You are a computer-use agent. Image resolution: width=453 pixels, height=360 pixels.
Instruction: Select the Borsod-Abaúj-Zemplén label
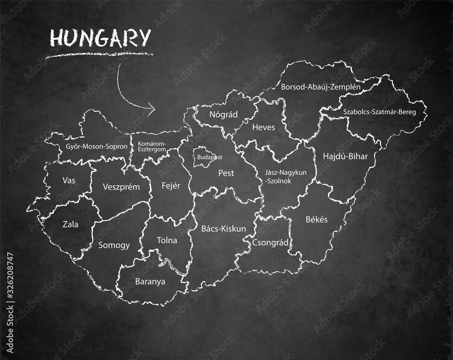(320, 86)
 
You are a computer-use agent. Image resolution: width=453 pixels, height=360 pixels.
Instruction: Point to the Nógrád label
(223, 114)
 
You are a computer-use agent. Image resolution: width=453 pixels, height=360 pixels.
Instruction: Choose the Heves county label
(264, 127)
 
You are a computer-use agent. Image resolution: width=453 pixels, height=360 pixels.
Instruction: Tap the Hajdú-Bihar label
(345, 156)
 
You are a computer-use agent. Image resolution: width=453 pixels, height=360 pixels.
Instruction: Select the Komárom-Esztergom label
(152, 146)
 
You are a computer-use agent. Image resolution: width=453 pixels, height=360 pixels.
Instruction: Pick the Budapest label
(210, 157)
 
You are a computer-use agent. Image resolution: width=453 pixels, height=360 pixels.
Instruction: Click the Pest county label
(226, 173)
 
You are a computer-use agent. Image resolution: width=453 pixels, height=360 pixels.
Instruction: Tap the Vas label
(69, 180)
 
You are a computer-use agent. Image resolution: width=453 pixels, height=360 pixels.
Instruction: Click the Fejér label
(171, 185)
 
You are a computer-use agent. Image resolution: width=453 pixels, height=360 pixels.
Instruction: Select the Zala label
(70, 224)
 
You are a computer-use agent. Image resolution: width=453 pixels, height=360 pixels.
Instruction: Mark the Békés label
(317, 219)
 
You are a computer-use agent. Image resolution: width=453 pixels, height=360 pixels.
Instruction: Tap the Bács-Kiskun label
(223, 229)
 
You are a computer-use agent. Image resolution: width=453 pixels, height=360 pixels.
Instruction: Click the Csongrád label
(271, 242)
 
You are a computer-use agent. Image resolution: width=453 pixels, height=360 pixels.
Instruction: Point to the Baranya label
(150, 281)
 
